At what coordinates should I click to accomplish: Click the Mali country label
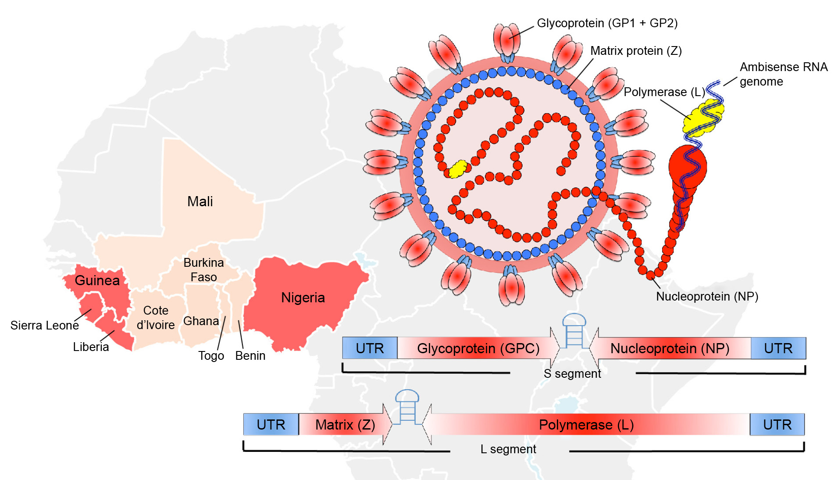click(200, 201)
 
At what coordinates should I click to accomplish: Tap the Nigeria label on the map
click(303, 297)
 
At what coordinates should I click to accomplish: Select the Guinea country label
click(97, 280)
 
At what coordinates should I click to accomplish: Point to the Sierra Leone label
click(44, 326)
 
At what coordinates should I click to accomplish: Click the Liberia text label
click(91, 347)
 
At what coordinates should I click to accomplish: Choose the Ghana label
click(201, 321)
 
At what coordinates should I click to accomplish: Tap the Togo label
click(211, 355)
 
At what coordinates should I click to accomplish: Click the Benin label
click(250, 355)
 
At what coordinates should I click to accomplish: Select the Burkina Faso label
click(203, 270)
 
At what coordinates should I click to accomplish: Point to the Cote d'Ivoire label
click(156, 318)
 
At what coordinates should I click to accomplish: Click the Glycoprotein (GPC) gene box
click(478, 348)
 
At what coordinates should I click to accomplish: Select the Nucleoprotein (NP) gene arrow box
click(670, 348)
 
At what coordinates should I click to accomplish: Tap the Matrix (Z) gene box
click(345, 425)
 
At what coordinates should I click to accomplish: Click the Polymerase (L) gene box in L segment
click(586, 425)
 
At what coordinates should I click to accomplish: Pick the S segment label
click(572, 374)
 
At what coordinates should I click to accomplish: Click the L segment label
click(508, 449)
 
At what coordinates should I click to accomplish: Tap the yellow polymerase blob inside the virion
click(458, 169)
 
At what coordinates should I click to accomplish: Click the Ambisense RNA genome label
click(783, 74)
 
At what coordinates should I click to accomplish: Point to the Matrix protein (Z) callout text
click(636, 51)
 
